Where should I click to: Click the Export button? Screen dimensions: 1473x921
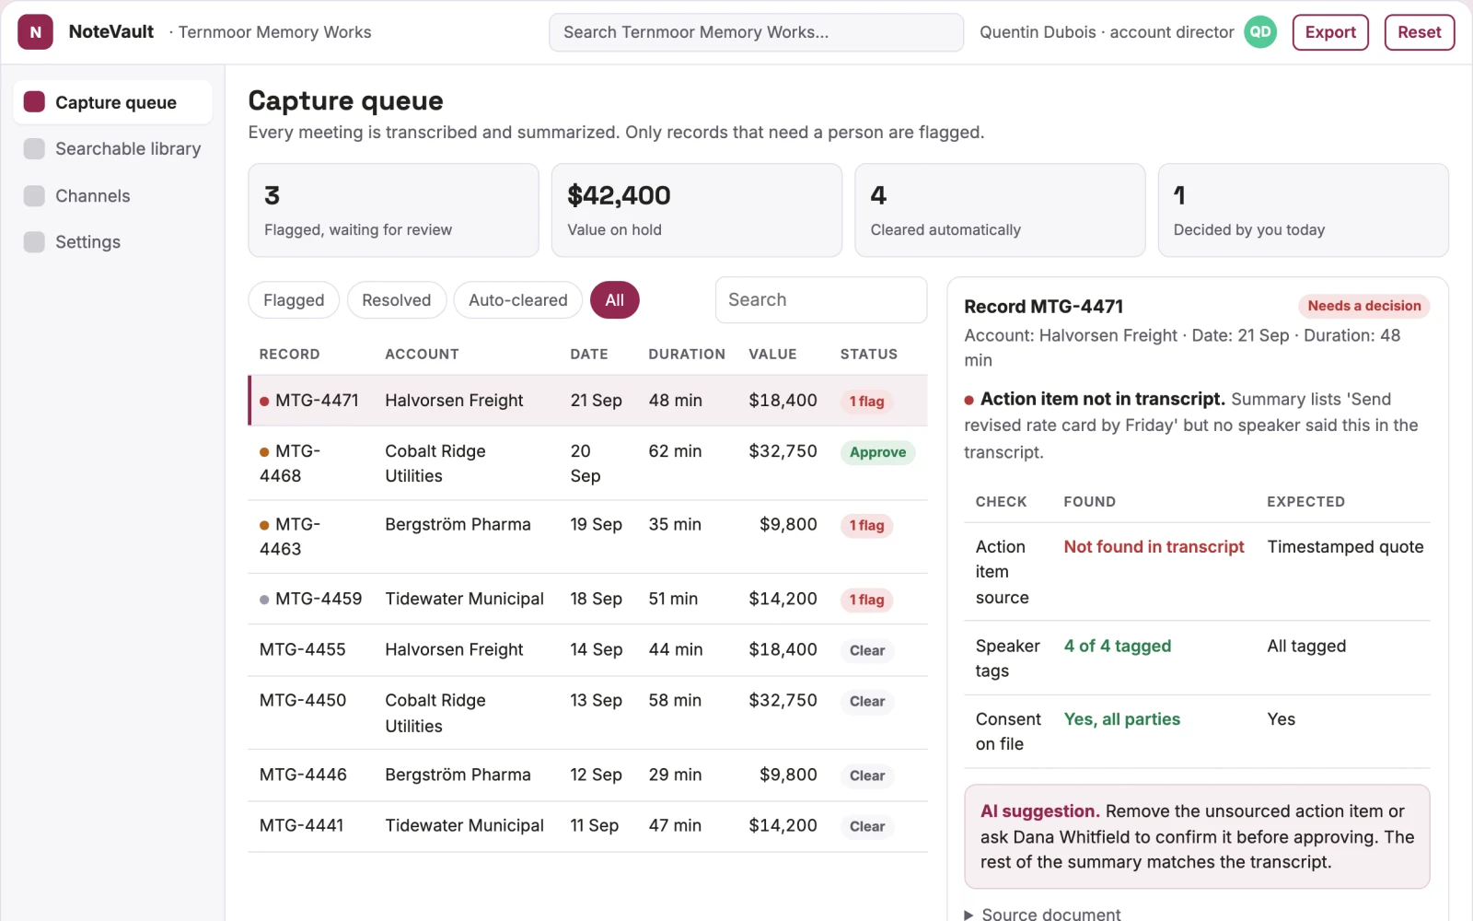click(x=1329, y=32)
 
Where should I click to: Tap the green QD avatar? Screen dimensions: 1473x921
click(x=1260, y=32)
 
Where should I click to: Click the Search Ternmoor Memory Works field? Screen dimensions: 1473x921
click(x=756, y=32)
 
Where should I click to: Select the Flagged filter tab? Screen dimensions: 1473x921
click(x=294, y=300)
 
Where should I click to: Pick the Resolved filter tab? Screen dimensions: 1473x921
click(x=397, y=300)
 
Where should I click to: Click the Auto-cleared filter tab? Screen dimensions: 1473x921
click(x=517, y=300)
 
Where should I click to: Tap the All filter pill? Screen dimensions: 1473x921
click(x=614, y=300)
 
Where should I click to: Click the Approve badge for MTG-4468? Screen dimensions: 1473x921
click(x=877, y=452)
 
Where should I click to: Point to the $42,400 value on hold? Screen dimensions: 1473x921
click(x=619, y=195)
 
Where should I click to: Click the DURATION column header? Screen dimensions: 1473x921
click(x=687, y=354)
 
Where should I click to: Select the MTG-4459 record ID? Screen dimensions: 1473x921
click(x=319, y=599)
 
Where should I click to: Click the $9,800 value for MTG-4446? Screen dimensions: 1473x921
click(x=788, y=775)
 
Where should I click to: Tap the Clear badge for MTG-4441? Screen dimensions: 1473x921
click(x=866, y=826)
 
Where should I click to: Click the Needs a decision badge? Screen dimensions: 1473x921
click(x=1363, y=306)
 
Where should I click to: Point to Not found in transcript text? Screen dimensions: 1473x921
click(x=1154, y=547)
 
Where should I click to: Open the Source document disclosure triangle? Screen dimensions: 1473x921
click(x=968, y=915)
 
